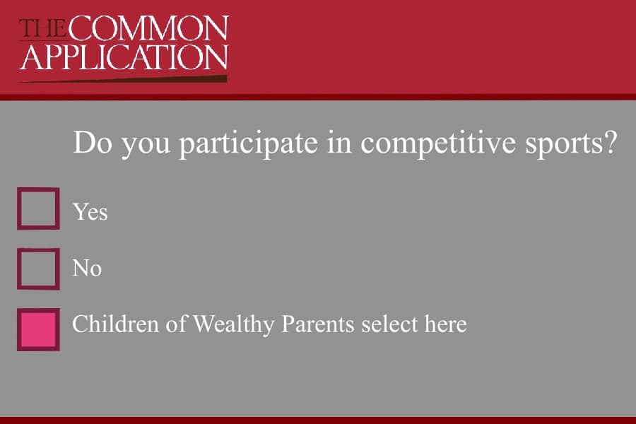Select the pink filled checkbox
38,329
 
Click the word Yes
90,212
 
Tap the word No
87,269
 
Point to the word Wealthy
233,324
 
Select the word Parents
318,324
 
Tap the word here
445,324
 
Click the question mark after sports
611,142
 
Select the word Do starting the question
92,142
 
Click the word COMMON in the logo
149,28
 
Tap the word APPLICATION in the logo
124,57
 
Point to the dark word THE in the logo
42,28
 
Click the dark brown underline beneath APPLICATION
123,79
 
